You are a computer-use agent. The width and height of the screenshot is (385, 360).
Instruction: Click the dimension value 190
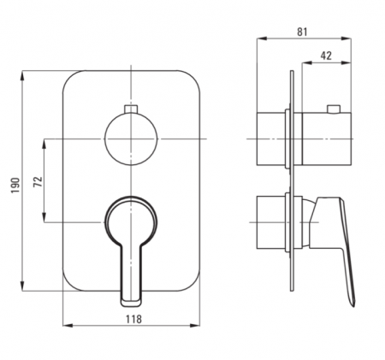point(15,185)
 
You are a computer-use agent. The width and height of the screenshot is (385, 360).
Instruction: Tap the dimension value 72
point(38,181)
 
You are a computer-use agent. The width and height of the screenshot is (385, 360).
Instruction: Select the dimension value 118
point(133,319)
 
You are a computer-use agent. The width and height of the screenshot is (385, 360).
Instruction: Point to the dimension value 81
point(302,32)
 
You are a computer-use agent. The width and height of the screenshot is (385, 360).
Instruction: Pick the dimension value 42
point(326,56)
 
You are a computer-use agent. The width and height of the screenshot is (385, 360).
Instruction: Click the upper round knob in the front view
point(131,139)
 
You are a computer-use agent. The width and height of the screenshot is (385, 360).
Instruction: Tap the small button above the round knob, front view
point(131,109)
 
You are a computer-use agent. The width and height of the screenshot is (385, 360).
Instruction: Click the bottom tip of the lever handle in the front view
point(131,306)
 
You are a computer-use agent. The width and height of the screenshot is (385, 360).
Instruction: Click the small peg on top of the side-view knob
point(334,109)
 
